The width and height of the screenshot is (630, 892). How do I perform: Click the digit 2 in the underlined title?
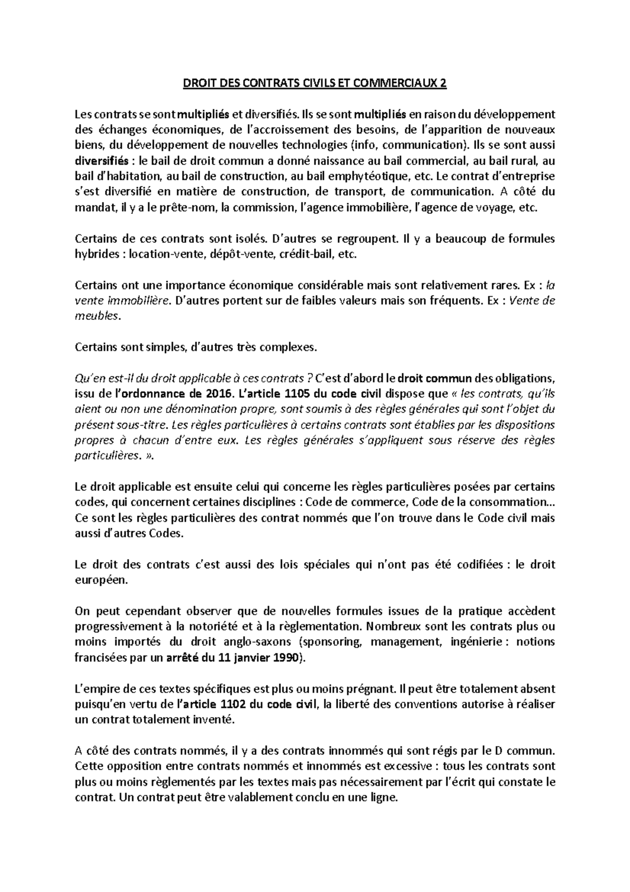443,84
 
